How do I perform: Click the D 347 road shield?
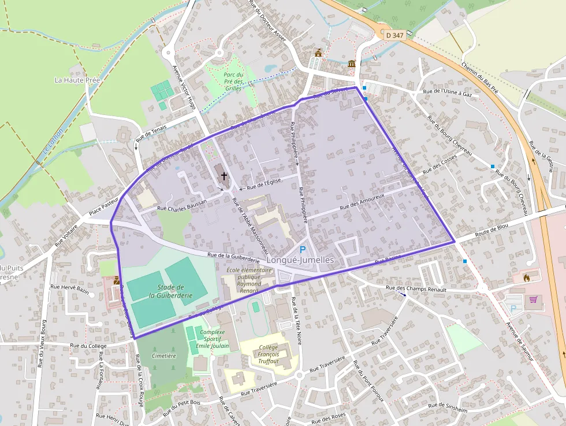pyautogui.click(x=395, y=36)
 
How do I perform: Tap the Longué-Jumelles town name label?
pyautogui.click(x=301, y=261)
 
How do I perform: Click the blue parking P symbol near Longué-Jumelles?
pyautogui.click(x=302, y=250)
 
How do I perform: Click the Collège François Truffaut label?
pyautogui.click(x=268, y=354)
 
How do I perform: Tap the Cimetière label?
pyautogui.click(x=164, y=355)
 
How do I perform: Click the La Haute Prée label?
pyautogui.click(x=78, y=80)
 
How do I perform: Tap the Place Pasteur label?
pyautogui.click(x=103, y=210)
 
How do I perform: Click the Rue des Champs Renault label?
pyautogui.click(x=417, y=288)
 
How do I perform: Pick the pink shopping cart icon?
pyautogui.click(x=533, y=299)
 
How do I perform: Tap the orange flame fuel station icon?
pyautogui.click(x=526, y=278)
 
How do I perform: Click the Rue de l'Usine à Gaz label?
pyautogui.click(x=448, y=91)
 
